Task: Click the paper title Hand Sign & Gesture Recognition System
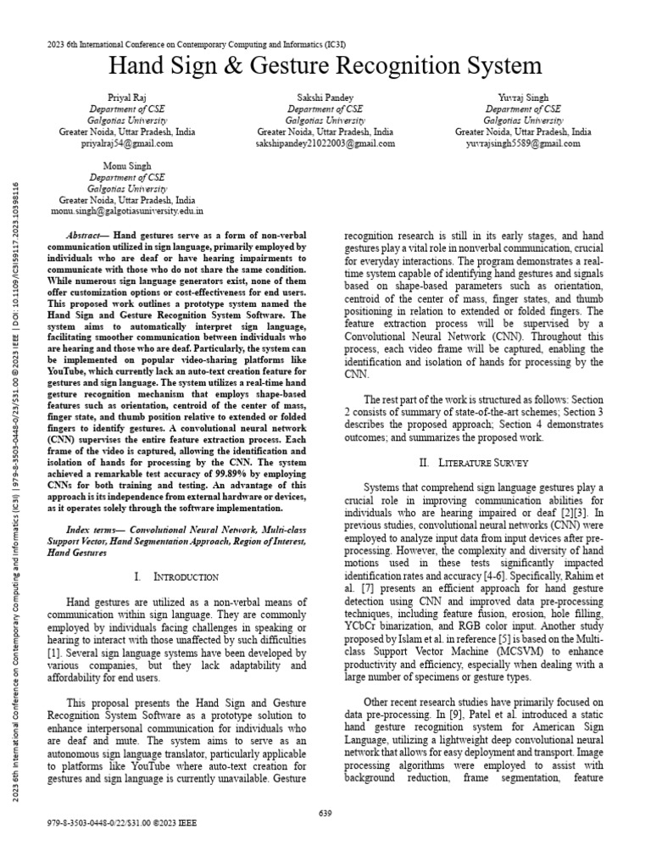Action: pos(325,65)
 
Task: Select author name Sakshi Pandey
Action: pos(325,98)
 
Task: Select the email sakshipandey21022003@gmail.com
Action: pos(325,144)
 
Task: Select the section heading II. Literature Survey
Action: pos(474,463)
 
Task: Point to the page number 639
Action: pos(325,813)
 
